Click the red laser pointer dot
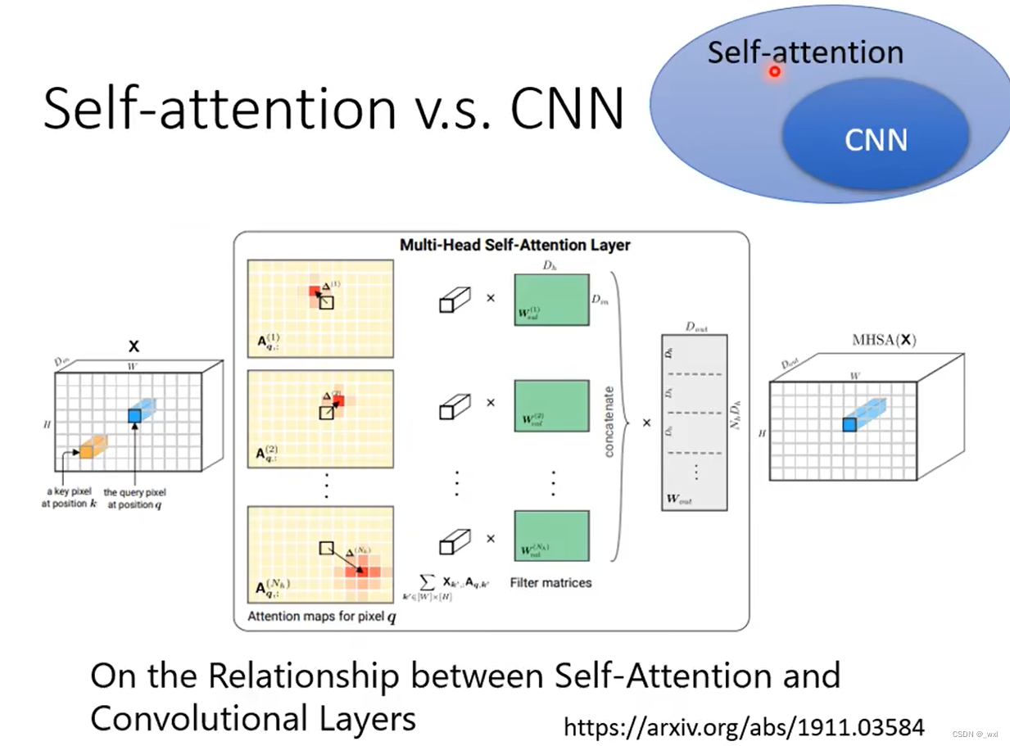click(774, 72)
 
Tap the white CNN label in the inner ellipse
click(876, 140)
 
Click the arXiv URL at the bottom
click(744, 726)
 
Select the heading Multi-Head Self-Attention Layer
click(514, 245)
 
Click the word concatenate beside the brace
click(609, 422)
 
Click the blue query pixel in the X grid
click(134, 416)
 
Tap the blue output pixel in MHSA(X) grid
click(849, 425)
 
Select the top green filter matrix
click(551, 300)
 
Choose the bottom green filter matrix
click(551, 536)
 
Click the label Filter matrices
click(550, 583)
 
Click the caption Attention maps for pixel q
click(322, 617)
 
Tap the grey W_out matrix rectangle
click(694, 422)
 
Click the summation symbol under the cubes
click(427, 581)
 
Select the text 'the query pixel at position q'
click(134, 499)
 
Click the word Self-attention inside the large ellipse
click(805, 52)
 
